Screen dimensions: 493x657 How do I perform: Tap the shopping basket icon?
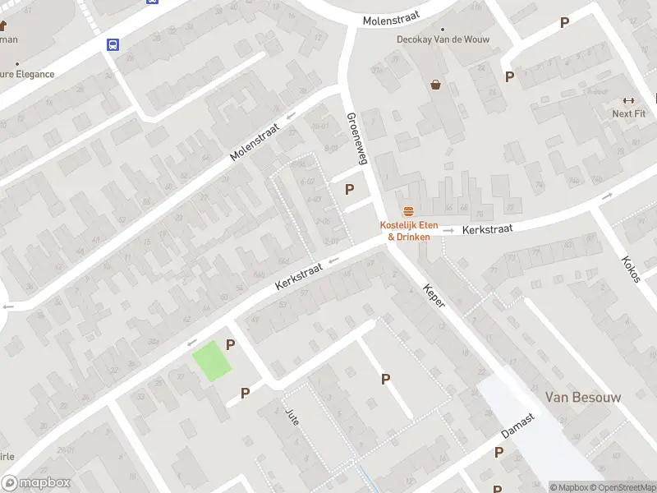[x=435, y=84]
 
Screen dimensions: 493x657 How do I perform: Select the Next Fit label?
[x=628, y=113]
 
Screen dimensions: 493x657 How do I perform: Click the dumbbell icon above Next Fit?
[x=629, y=100]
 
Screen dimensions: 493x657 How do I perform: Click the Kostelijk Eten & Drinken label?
[x=408, y=231]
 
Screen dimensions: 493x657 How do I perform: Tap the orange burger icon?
[x=408, y=211]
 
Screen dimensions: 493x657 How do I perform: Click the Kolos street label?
[x=630, y=269]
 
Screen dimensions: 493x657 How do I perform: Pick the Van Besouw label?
[x=583, y=398]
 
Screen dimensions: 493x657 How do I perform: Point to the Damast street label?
[x=518, y=425]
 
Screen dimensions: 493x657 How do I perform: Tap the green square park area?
[x=212, y=361]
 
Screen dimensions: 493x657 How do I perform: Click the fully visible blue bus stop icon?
[x=111, y=45]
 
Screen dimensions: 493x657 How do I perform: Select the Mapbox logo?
[x=36, y=482]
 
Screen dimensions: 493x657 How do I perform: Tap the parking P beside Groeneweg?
[x=350, y=190]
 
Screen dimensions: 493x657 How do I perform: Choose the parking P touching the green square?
[x=231, y=346]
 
